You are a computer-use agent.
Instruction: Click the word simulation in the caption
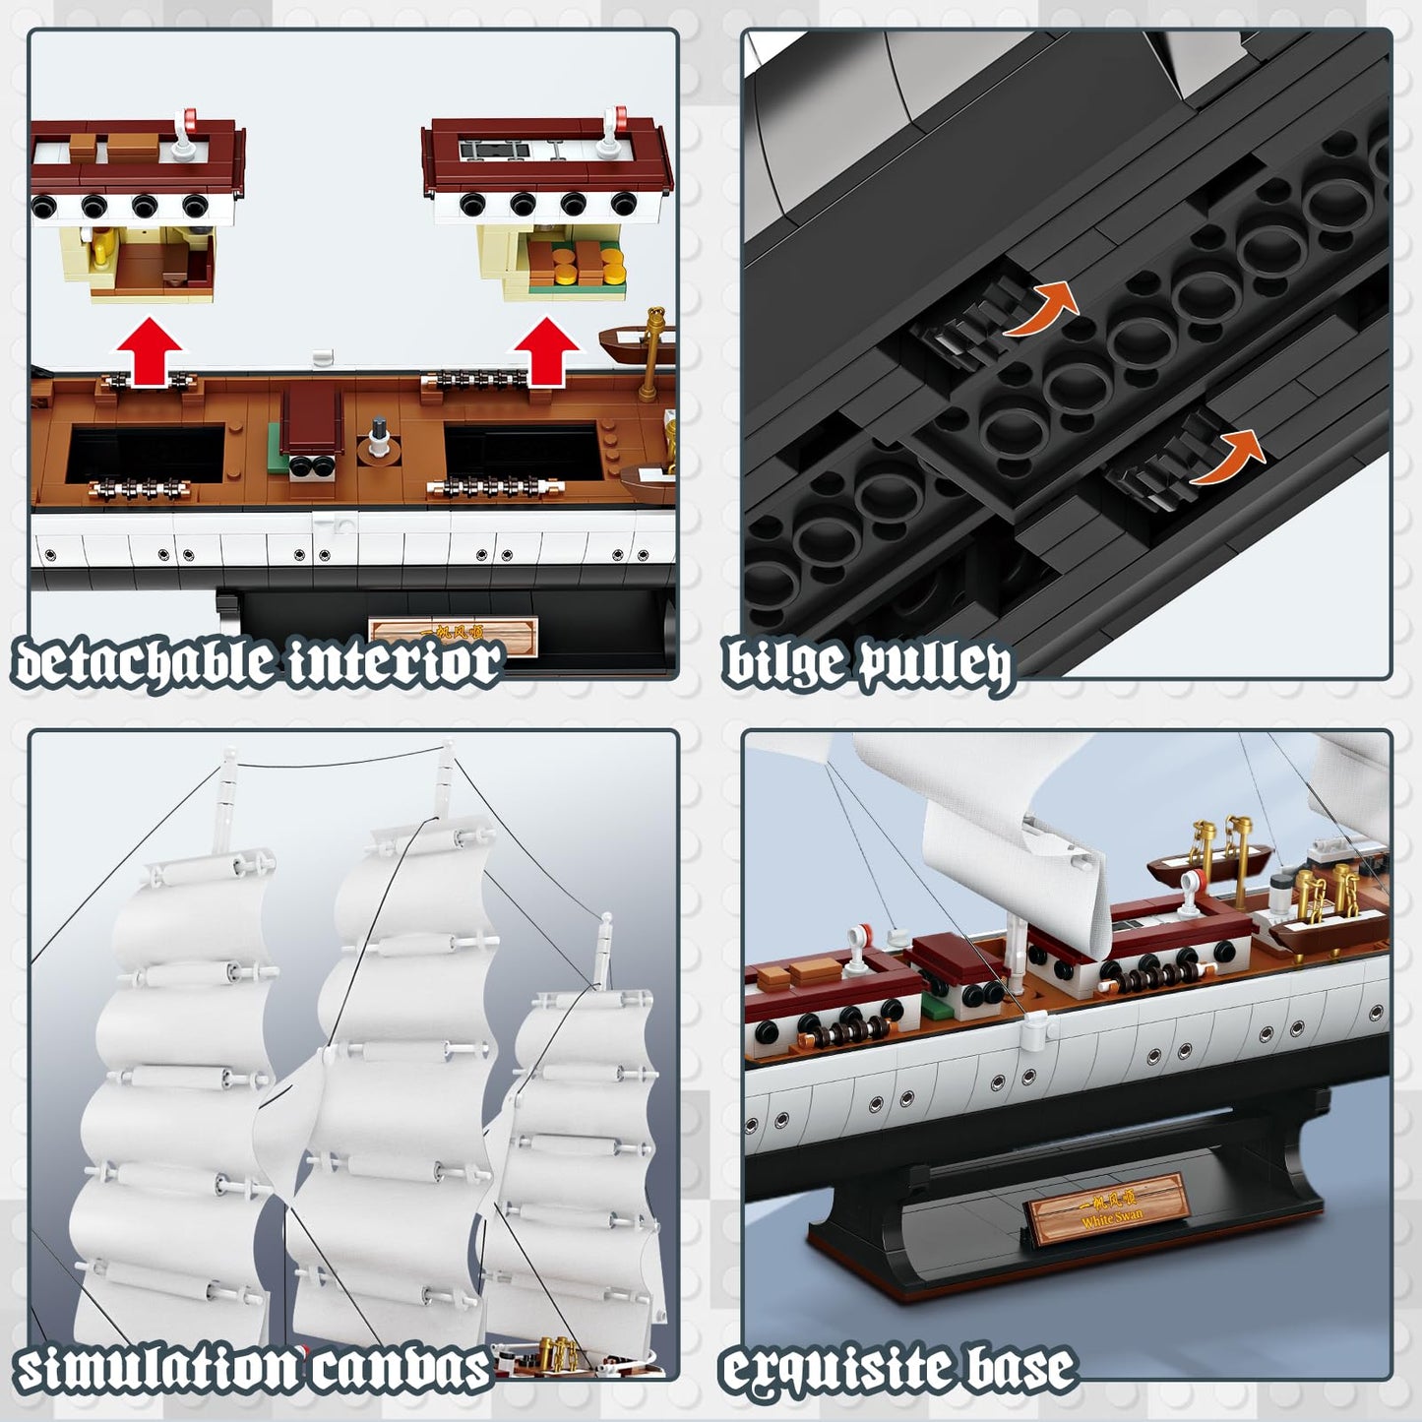click(x=157, y=1369)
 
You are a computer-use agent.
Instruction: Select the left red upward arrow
click(x=147, y=350)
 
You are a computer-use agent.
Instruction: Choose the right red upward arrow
click(x=546, y=350)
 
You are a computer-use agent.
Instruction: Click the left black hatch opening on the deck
click(x=146, y=453)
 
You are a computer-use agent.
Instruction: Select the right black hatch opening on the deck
click(x=522, y=453)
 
